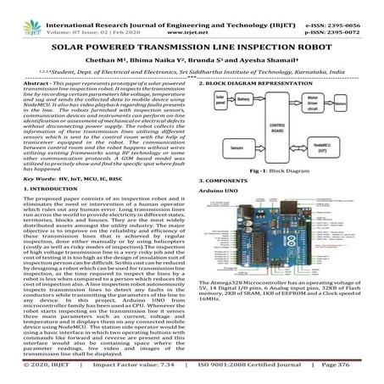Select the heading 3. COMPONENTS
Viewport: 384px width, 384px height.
pyautogui.click(x=225, y=181)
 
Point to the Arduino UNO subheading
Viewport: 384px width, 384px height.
pyautogui.click(x=220, y=192)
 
